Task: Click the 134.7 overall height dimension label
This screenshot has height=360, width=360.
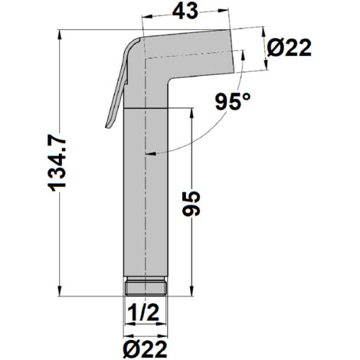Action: (57, 163)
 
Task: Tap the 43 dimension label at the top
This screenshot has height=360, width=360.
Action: (185, 11)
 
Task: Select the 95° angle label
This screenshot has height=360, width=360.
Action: (233, 102)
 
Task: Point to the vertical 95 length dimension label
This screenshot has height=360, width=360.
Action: (191, 203)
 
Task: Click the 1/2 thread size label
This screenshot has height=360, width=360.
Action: (143, 313)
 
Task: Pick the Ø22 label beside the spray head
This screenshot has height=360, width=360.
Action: (290, 47)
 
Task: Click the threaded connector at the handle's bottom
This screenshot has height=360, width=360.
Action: (146, 286)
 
